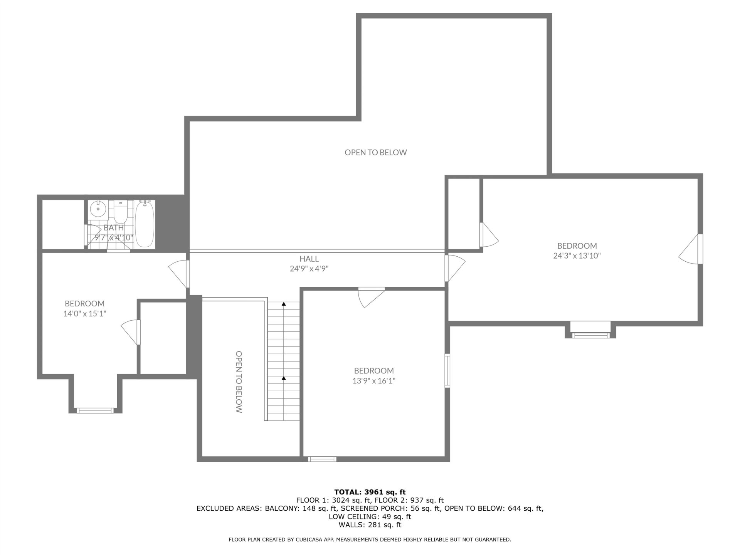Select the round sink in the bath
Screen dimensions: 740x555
[98, 209]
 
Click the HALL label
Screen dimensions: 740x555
[309, 259]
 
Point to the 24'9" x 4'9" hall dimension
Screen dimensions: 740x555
[309, 269]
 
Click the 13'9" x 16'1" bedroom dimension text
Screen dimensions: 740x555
[374, 381]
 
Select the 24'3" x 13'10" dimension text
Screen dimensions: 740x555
[577, 256]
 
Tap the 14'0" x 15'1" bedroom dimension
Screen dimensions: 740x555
[85, 314]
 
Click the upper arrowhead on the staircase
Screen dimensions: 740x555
[284, 304]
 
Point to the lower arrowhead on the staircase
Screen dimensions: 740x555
[284, 378]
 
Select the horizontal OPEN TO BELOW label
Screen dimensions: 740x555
[376, 152]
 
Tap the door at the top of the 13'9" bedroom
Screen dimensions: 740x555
[371, 297]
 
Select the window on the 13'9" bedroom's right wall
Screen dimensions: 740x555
[447, 370]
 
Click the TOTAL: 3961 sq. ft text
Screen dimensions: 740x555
[370, 492]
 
